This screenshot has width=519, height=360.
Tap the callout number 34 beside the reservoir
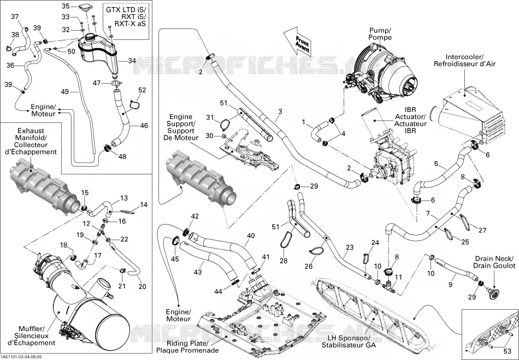[132, 61]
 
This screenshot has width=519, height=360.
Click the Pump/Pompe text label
[380, 34]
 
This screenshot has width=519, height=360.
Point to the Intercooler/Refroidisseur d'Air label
[465, 60]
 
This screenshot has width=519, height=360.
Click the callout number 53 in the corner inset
[507, 351]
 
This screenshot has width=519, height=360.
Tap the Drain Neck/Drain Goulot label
[494, 262]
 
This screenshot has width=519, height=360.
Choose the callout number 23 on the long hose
[350, 247]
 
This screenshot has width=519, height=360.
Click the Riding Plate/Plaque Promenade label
[188, 346]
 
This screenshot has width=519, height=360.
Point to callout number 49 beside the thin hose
[65, 91]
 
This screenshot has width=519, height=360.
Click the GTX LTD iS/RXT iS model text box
[126, 16]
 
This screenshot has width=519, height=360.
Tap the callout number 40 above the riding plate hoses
[251, 236]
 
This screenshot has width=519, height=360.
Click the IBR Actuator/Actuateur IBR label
[410, 120]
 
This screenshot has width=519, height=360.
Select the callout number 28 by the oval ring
[284, 261]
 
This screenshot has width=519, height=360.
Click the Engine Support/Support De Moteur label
[181, 127]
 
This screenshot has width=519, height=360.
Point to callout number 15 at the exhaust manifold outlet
[85, 193]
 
